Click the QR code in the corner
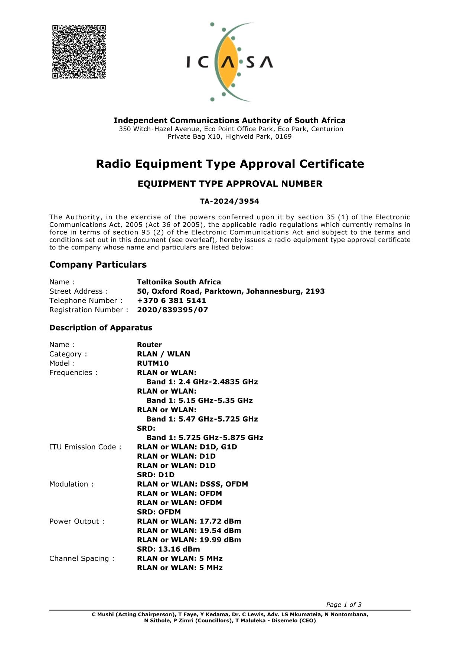(x=79, y=52)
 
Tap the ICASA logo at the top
(x=230, y=62)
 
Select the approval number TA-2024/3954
(x=229, y=201)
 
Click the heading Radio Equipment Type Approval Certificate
(x=230, y=164)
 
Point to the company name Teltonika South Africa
(x=179, y=282)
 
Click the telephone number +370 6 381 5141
(x=171, y=301)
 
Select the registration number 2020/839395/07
(x=172, y=310)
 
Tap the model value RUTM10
(x=153, y=364)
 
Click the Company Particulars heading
(x=98, y=265)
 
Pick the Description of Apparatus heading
(x=101, y=328)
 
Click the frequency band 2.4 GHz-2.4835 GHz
(x=202, y=382)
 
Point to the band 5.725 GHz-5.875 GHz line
(x=205, y=438)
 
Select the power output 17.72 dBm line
(x=189, y=522)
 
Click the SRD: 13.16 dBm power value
(x=168, y=549)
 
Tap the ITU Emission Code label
(x=85, y=447)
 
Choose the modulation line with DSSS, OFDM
(x=192, y=484)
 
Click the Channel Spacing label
(x=82, y=559)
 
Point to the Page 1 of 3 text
(x=343, y=605)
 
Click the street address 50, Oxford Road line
(x=231, y=291)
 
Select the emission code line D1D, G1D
(x=187, y=447)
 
